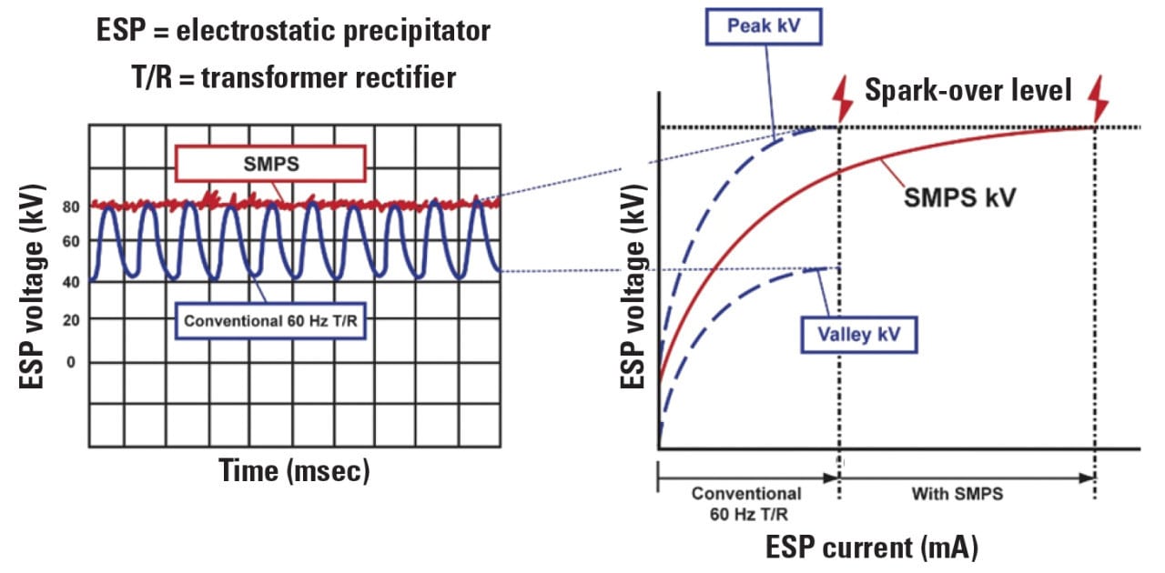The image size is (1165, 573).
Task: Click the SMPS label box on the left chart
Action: [270, 163]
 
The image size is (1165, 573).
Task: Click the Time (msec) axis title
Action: [293, 470]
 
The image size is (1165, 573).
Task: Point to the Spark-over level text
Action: [967, 90]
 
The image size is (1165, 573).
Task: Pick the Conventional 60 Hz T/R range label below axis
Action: [746, 502]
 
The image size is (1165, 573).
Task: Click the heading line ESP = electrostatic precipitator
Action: [293, 30]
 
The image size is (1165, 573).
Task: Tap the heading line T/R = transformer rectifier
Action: [293, 77]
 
